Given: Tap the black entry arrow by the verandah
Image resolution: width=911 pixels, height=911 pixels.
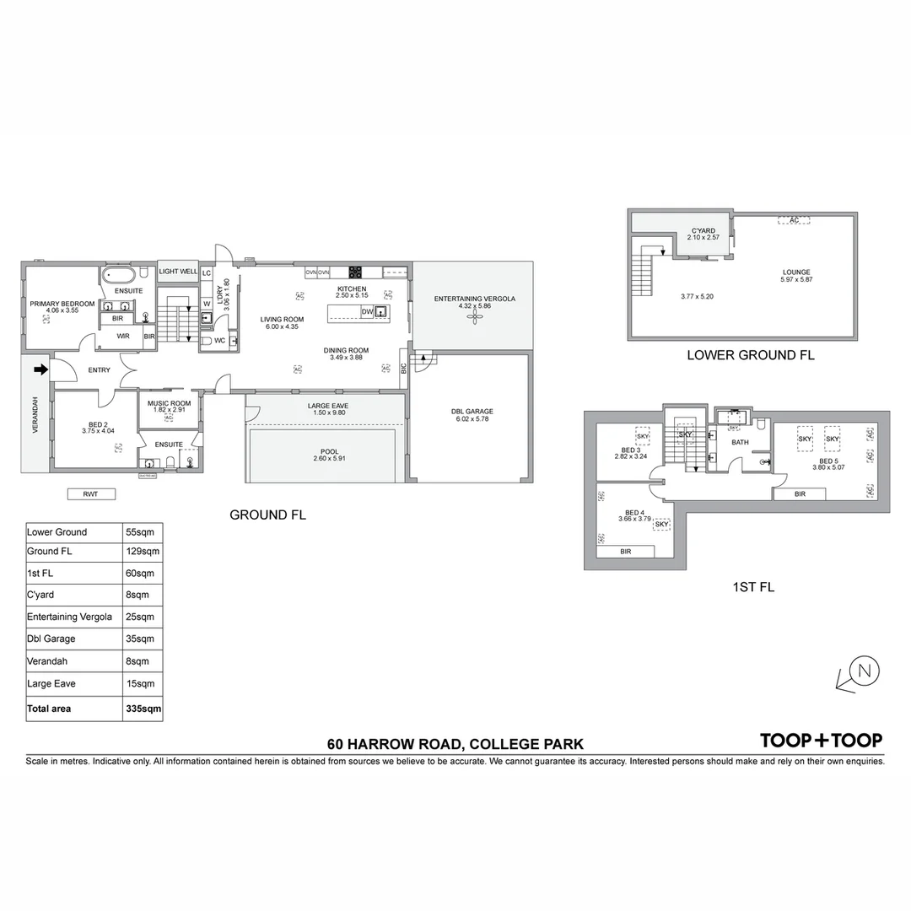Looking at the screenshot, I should pos(40,369).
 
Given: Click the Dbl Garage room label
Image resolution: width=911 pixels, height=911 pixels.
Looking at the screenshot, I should pos(472,412).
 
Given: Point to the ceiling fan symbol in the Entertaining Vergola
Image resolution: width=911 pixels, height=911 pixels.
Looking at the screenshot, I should pos(473,315).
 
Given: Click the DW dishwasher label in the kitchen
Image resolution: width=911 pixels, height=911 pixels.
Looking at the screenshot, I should pos(366,312).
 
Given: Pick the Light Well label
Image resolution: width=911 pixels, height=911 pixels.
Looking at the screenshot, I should pos(178,272).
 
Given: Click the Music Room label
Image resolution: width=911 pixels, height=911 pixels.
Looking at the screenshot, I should pos(169,404).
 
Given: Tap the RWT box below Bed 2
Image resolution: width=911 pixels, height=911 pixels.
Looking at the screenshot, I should pos(90,494).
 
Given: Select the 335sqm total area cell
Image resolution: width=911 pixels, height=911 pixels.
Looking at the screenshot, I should pos(143,709).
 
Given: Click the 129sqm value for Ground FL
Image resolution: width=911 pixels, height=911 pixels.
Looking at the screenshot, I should pos(143,552).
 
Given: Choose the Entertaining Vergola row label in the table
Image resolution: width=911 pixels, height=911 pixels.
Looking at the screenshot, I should pos(69,617).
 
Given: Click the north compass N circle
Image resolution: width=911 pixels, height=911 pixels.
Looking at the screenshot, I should pos(864,671).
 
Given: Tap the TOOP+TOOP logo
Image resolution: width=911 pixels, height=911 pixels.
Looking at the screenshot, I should pos(821,741).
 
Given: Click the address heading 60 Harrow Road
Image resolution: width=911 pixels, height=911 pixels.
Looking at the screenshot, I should pos(455,744).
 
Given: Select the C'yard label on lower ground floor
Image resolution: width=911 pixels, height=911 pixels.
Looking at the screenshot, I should pos(703,230).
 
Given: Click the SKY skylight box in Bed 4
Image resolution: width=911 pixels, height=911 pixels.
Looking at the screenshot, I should pos(661,524).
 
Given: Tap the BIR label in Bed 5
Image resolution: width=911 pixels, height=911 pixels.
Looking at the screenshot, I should pos(800,493).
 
